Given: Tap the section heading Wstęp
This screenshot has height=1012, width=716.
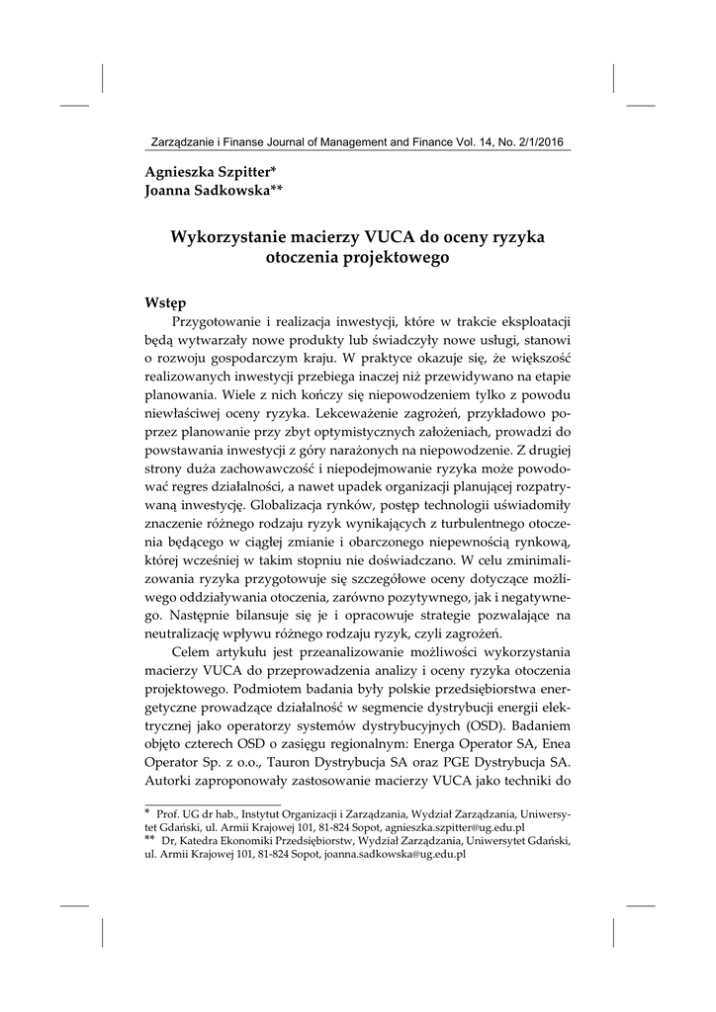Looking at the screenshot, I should point(167,301).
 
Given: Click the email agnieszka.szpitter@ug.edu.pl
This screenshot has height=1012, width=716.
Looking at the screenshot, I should point(458,826).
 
